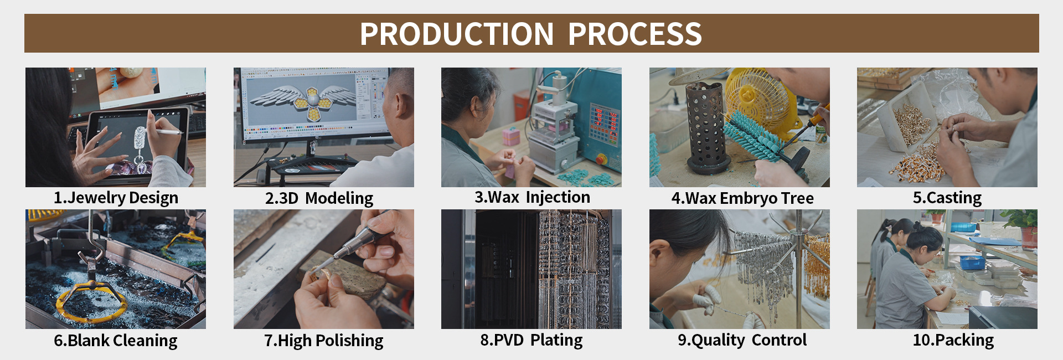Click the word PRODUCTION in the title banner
click(x=457, y=34)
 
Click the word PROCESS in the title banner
click(x=635, y=34)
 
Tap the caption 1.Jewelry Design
click(x=116, y=198)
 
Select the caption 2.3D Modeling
click(x=319, y=198)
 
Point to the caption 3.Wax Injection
click(x=532, y=198)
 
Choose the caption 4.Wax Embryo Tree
click(x=742, y=198)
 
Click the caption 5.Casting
click(x=947, y=198)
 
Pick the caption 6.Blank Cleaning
click(x=116, y=341)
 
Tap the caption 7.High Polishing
click(x=323, y=341)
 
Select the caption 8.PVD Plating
click(x=531, y=340)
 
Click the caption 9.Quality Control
click(x=742, y=340)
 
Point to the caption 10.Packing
click(x=953, y=340)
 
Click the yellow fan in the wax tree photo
click(x=761, y=100)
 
